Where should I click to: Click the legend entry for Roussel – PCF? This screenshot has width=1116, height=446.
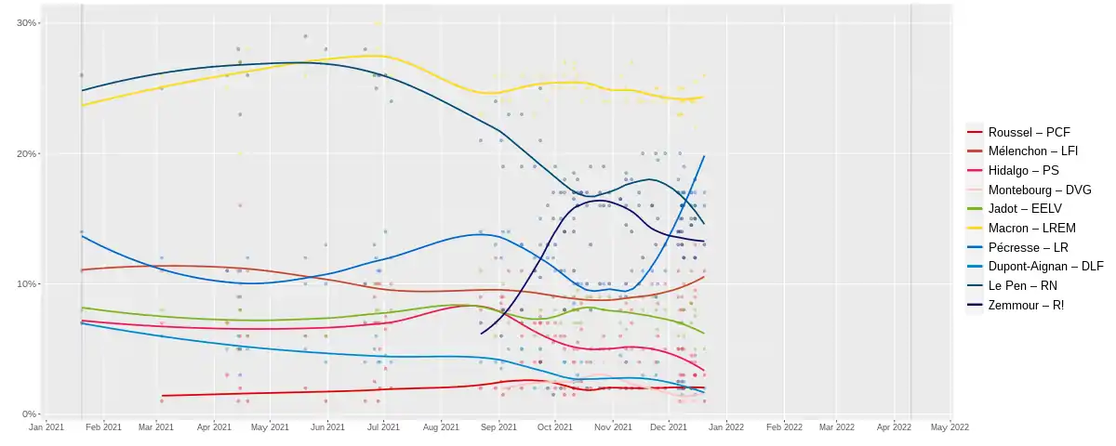click(x=1030, y=132)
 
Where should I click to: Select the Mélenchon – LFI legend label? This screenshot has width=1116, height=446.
click(x=1033, y=151)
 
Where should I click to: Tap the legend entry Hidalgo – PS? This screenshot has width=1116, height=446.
click(x=1023, y=171)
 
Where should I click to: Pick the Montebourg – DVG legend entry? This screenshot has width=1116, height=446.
click(x=1040, y=190)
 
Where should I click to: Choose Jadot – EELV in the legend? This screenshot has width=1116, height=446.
click(x=1025, y=208)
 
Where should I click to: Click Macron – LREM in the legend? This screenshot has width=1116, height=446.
click(x=1031, y=228)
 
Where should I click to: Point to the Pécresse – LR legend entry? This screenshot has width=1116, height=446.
click(x=1029, y=247)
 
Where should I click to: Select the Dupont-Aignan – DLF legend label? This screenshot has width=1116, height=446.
click(x=1045, y=267)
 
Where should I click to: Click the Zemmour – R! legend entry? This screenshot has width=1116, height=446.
click(x=1026, y=305)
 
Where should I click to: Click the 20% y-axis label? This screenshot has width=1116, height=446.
click(x=26, y=154)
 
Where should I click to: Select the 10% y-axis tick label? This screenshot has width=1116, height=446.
click(x=26, y=283)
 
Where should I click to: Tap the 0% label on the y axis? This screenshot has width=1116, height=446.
click(x=29, y=414)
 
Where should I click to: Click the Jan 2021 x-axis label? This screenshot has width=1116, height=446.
click(x=46, y=427)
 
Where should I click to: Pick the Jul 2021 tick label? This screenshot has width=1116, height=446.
click(x=383, y=427)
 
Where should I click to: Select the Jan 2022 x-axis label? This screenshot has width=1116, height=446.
click(x=726, y=427)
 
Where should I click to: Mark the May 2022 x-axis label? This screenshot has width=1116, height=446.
click(x=950, y=427)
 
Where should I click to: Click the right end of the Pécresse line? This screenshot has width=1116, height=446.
click(x=704, y=156)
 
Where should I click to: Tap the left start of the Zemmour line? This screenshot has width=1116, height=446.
click(x=482, y=334)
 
